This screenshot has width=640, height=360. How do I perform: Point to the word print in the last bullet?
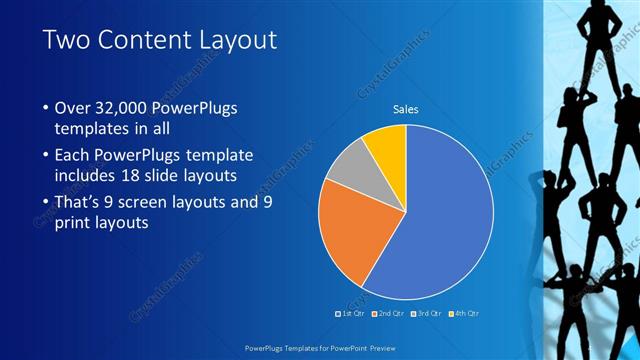[x=71, y=224]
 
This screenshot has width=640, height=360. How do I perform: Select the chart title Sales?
[x=405, y=109]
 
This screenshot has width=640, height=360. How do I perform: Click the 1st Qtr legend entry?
[x=350, y=314]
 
